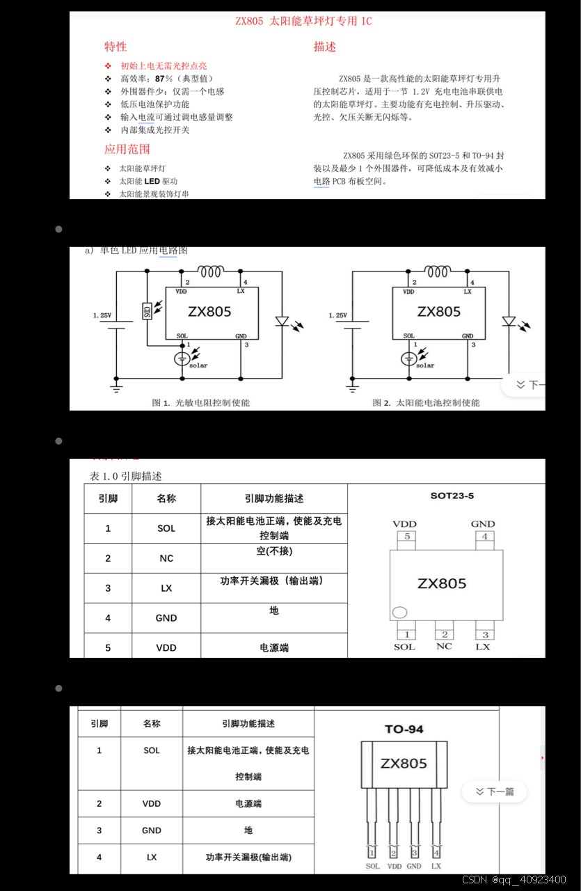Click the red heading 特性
116,47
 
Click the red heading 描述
324,47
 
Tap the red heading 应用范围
127,149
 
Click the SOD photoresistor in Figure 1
147,311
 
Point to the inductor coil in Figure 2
438,271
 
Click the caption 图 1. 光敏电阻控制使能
200,402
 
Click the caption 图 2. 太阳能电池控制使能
426,402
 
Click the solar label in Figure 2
425,365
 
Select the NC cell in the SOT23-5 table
166,558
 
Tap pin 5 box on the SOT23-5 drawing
407,537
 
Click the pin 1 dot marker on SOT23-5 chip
399,613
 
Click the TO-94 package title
404,729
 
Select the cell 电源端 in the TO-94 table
248,803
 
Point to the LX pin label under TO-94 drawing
436,866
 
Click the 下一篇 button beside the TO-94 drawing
495,791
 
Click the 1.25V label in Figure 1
102,315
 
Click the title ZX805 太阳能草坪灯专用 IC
303,22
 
